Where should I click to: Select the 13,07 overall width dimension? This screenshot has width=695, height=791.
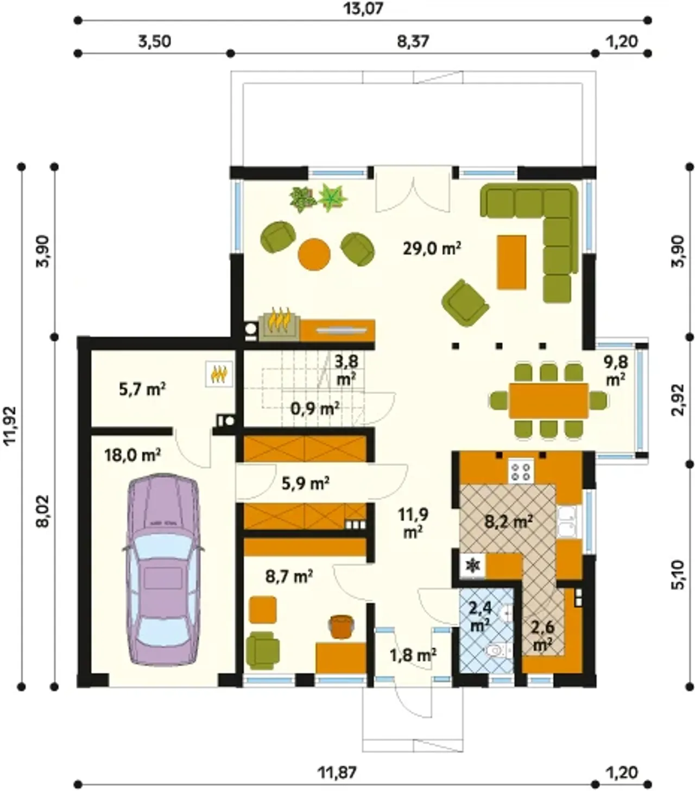363,8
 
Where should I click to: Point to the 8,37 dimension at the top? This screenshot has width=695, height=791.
413,41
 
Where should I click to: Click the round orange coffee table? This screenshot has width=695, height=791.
314,254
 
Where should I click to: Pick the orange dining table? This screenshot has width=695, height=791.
548,401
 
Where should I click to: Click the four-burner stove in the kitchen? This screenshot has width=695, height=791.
520,471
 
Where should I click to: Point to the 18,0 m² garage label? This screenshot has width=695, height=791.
132,455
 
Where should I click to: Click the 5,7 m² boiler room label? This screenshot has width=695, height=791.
142,389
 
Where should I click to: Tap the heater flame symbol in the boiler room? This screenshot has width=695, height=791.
219,374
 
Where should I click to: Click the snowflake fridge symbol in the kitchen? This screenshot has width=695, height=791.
472,566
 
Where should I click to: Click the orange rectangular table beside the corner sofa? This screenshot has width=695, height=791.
511,262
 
